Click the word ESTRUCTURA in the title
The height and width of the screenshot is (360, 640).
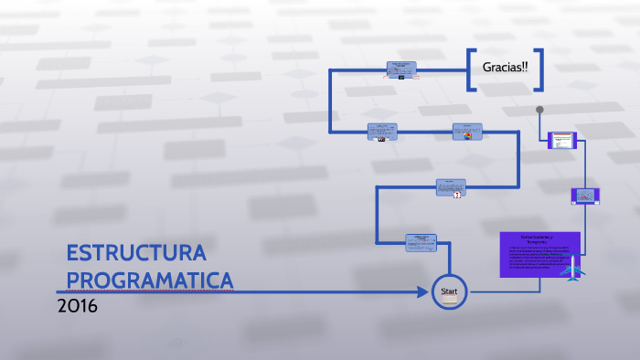(136, 253)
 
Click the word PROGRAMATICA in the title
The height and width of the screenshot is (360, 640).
(150, 280)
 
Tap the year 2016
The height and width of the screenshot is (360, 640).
(77, 306)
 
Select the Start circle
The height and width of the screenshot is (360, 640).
(449, 292)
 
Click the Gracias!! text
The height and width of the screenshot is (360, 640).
(505, 69)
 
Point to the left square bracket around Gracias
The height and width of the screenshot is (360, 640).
(471, 69)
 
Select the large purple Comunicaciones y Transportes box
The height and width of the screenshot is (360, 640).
(539, 254)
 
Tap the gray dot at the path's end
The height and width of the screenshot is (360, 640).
(540, 110)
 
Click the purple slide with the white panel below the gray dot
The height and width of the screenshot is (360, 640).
(560, 141)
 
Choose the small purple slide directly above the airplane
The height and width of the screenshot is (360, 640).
(584, 196)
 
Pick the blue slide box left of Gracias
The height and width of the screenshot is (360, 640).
(400, 69)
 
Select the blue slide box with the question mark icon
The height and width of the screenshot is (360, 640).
(451, 186)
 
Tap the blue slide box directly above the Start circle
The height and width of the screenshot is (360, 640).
(421, 242)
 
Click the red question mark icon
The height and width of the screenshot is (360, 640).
(456, 195)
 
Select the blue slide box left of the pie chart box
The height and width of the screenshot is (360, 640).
(382, 132)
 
